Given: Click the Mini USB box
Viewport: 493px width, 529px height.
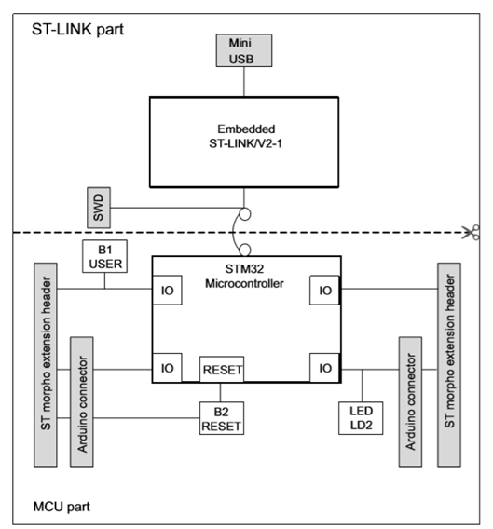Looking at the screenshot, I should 243,49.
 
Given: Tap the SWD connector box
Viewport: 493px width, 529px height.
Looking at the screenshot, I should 100,211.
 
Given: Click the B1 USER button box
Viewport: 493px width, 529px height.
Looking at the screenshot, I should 104,257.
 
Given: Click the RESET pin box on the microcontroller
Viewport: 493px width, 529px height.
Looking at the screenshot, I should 222,369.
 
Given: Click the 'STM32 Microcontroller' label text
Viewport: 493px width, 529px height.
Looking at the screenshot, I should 243,277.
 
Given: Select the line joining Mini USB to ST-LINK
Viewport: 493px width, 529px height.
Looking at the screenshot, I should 243,81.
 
